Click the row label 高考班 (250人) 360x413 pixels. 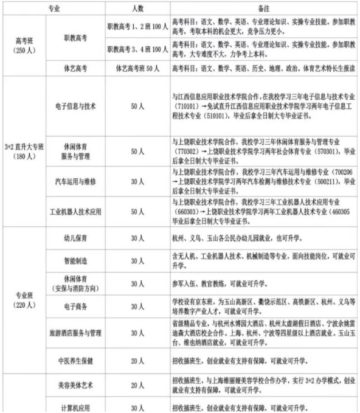[24, 45]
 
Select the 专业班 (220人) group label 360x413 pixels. [24, 300]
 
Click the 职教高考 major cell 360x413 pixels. [75, 37]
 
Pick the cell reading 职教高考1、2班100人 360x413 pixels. [136, 27]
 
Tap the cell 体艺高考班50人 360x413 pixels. [136, 67]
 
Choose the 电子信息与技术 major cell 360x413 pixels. [75, 106]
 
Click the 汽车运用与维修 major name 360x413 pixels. [75, 182]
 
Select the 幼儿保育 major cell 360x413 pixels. [75, 239]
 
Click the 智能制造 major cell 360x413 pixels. [75, 260]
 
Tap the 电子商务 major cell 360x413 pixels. [75, 309]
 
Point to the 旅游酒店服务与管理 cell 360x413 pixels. [75, 334]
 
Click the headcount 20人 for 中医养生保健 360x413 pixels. [136, 360]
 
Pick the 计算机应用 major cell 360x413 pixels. [75, 406]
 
